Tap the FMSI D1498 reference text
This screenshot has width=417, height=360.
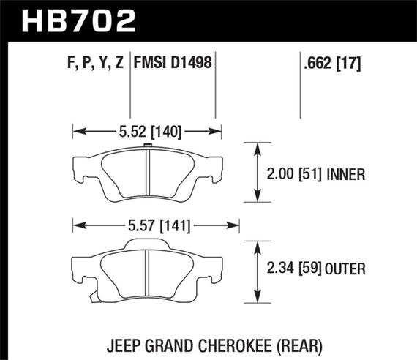click(172, 64)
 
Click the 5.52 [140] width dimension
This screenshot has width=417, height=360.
click(146, 132)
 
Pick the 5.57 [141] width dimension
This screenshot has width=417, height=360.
click(156, 226)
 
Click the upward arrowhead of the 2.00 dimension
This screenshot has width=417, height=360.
click(257, 149)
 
